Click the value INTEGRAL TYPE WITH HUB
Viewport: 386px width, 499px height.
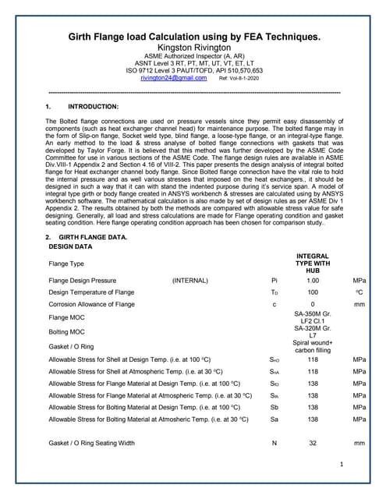click(x=313, y=263)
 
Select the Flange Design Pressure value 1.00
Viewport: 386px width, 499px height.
click(x=313, y=280)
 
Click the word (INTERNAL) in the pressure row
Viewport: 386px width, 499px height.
click(x=191, y=280)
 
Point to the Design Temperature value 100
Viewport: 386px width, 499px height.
click(x=313, y=292)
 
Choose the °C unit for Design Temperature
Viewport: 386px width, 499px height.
click(x=359, y=292)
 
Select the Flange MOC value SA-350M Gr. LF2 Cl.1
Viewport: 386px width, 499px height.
click(x=313, y=317)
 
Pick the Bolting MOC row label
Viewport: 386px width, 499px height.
click(x=69, y=331)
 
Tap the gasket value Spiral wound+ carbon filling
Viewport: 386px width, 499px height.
click(x=313, y=346)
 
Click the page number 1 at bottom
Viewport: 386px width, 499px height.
click(x=342, y=465)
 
